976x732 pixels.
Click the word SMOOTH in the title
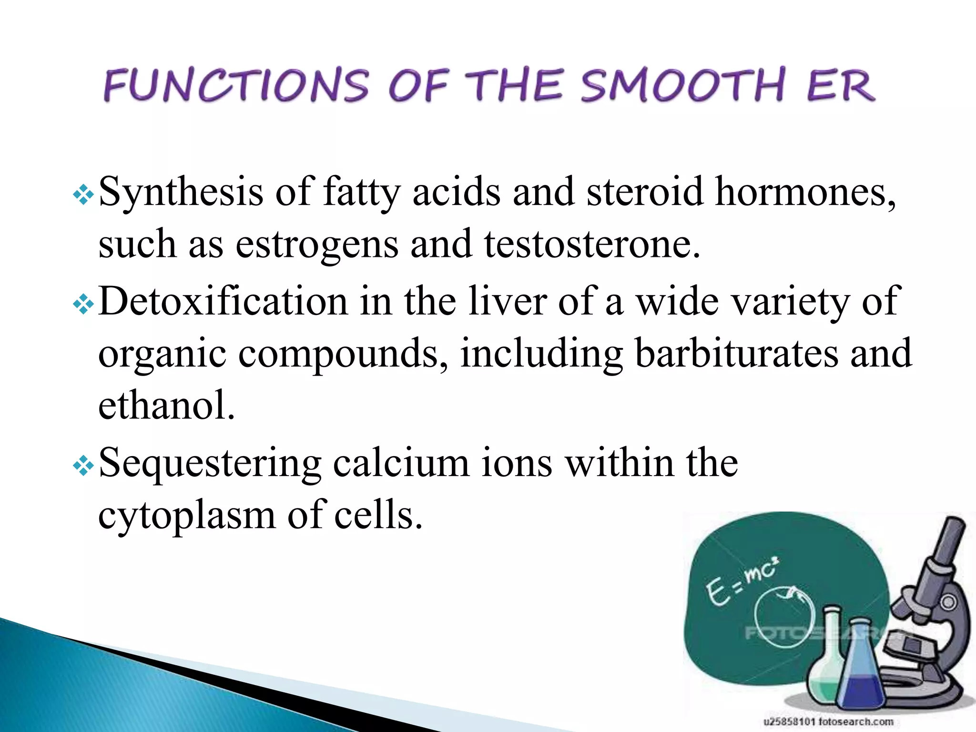[682, 85]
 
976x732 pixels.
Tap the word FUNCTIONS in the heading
[236, 85]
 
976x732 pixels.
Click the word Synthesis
[181, 192]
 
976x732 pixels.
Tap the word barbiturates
[736, 354]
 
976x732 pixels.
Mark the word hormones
[805, 192]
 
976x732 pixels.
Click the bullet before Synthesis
[83, 195]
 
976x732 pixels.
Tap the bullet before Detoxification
[83, 305]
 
